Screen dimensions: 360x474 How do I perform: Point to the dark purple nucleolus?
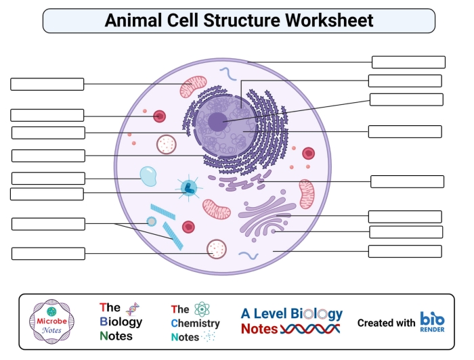coord(217,122)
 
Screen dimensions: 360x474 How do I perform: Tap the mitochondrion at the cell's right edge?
coord(307,194)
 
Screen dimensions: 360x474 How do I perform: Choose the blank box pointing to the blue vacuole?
coord(48,179)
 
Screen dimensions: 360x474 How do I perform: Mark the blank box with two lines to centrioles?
coord(48,224)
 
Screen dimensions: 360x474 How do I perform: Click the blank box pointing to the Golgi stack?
coord(405,217)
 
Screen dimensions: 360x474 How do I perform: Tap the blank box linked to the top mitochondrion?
coord(47,84)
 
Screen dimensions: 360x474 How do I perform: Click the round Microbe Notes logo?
coord(51,321)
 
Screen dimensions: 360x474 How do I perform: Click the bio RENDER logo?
coord(432,321)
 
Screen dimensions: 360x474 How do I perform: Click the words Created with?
coord(386,323)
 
